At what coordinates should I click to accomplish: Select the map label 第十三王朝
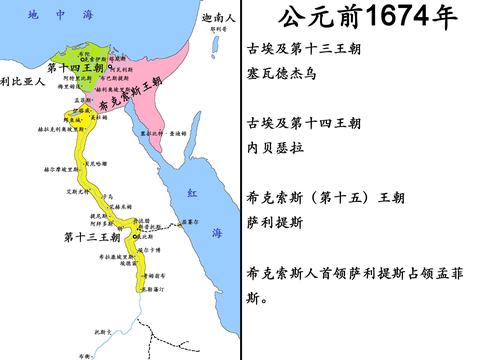[91, 237]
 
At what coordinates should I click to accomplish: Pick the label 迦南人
[217, 17]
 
